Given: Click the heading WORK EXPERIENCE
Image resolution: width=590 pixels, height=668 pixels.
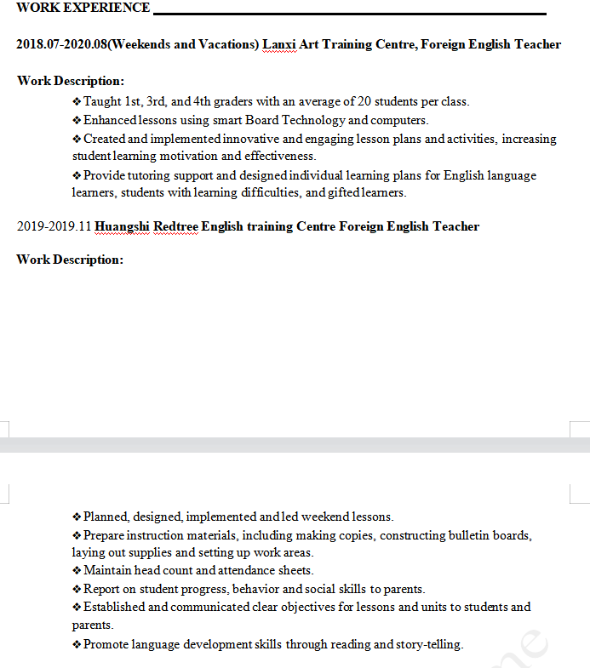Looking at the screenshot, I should pyautogui.click(x=83, y=9).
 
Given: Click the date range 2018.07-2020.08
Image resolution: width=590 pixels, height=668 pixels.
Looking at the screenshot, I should pyautogui.click(x=62, y=44).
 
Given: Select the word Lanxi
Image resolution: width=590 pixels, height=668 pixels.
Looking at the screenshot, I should pyautogui.click(x=278, y=44).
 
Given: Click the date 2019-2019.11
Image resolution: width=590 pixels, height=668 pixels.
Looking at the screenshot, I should pyautogui.click(x=54, y=226).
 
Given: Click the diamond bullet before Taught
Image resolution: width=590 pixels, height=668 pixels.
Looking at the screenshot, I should pyautogui.click(x=77, y=101).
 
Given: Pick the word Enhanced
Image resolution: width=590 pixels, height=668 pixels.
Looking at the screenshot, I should pyautogui.click(x=110, y=120).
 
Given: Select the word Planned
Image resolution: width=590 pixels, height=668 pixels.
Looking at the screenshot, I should pyautogui.click(x=106, y=517).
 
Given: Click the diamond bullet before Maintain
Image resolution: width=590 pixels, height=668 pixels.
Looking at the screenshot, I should pyautogui.click(x=77, y=570).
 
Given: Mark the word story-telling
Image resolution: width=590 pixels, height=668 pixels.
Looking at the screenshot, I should pyautogui.click(x=429, y=644).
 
